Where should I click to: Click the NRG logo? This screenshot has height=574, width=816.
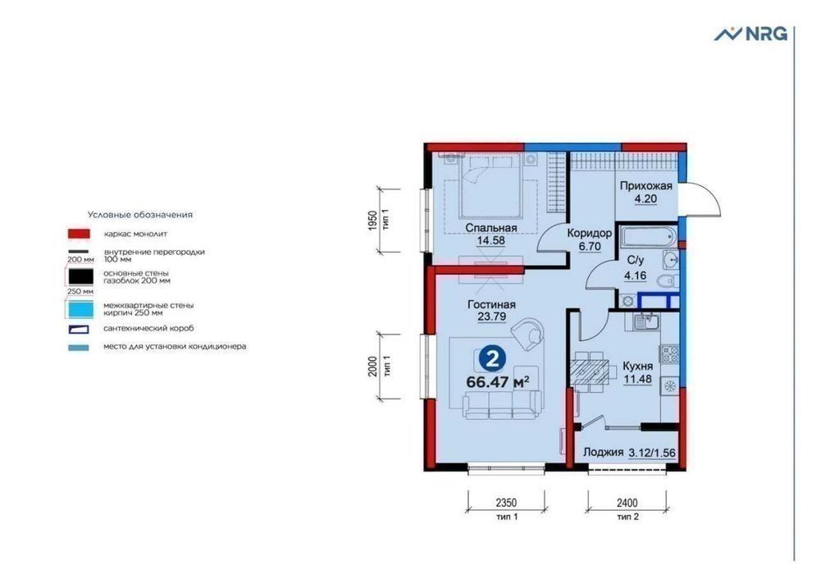coord(750,34)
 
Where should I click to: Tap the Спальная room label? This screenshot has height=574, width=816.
coord(491,228)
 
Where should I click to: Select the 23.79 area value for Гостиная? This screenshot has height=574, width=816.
coord(492,317)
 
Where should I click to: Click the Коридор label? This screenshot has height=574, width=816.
coord(590,233)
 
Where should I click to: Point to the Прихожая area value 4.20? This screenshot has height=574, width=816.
coord(645,198)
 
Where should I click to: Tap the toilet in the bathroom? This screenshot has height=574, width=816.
coord(667,281)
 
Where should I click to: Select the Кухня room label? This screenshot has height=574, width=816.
coord(637,367)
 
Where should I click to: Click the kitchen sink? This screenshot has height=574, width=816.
coord(645,322)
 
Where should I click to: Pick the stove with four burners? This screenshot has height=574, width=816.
coord(669,354)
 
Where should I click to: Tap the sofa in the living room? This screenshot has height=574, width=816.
coord(503,405)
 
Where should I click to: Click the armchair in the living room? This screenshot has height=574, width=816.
coord(527,334)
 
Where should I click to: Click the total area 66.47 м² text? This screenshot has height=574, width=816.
coord(498,382)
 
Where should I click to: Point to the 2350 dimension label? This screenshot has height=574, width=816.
coord(506,503)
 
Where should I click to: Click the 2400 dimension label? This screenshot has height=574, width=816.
coord(627,503)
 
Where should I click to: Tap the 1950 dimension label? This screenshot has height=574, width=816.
coord(372,221)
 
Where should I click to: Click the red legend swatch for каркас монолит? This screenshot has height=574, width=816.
coord(79,234)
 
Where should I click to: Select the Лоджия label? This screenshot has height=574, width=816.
coord(603,452)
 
